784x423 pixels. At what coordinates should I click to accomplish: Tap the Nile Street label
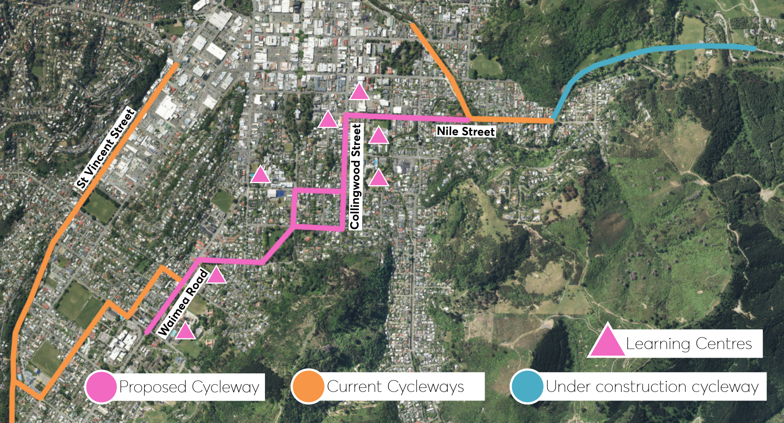[x=466, y=131]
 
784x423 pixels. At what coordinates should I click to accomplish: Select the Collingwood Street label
[x=356, y=177]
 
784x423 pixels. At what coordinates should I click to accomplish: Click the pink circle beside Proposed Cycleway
[x=100, y=387]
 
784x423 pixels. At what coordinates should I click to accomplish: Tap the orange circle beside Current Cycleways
[x=308, y=386]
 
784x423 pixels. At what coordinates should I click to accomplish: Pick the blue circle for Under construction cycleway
[x=527, y=386]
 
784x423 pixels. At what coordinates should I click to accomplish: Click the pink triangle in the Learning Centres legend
[x=607, y=342]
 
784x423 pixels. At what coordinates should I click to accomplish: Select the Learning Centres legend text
[x=689, y=344]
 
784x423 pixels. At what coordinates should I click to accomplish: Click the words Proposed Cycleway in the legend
[x=189, y=387]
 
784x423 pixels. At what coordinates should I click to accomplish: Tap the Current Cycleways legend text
[x=395, y=386]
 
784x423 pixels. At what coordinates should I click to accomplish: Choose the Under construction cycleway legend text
[x=652, y=386]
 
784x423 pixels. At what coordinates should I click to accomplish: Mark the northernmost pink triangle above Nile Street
[x=359, y=93]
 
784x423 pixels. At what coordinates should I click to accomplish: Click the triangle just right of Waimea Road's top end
[x=216, y=276]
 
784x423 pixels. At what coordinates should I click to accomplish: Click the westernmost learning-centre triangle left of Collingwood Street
[x=260, y=175]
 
